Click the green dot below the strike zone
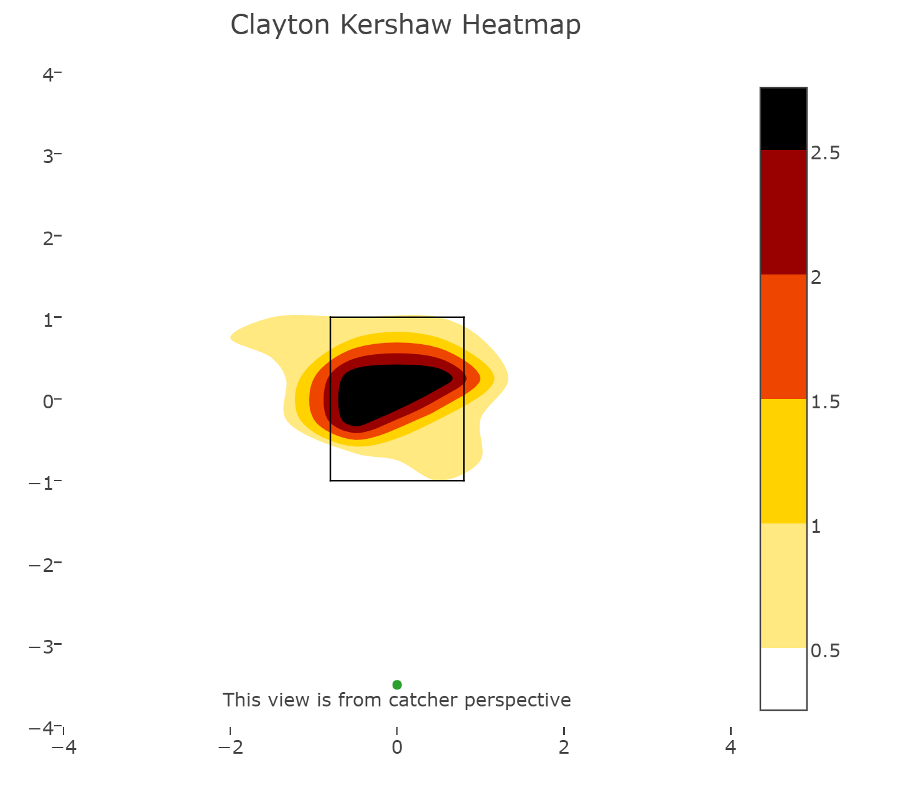coord(397,685)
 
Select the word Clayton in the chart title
coord(280,26)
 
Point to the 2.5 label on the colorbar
coord(825,153)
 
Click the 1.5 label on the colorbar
coord(825,402)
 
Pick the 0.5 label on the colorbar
coord(825,651)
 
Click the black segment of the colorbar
coord(783,119)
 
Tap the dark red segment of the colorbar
coord(783,212)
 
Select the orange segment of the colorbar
coord(783,337)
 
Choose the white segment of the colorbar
coord(783,678)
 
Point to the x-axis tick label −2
coord(230,748)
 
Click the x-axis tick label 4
coord(730,748)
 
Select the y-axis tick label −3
coord(42,646)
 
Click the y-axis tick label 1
coord(48,319)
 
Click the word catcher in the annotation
coord(424,700)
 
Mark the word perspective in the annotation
coord(518,700)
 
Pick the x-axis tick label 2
coord(564,748)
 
